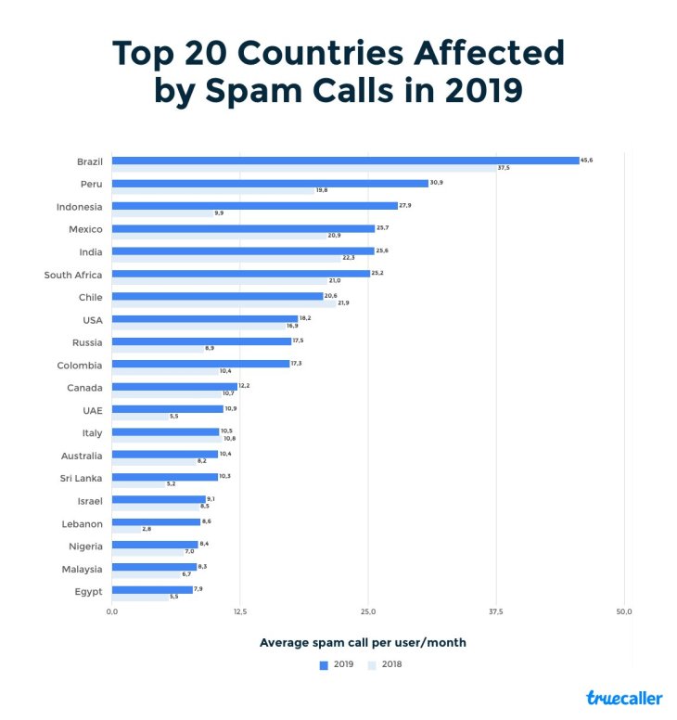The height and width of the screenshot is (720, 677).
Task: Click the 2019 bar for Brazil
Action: coord(345,161)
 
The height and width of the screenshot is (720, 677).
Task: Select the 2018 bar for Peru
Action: coord(212,190)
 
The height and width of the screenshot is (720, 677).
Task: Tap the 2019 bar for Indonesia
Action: coord(254,206)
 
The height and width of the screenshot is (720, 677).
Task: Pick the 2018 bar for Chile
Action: coord(224,303)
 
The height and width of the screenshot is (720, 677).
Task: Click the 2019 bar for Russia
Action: coord(201,341)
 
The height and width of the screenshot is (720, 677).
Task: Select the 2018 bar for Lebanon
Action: coord(126,529)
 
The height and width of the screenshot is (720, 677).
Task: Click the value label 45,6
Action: coord(586,161)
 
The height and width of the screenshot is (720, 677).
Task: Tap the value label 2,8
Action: coord(147,529)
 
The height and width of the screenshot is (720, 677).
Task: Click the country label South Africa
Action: coord(73,275)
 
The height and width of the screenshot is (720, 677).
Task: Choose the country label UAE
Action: coord(93,409)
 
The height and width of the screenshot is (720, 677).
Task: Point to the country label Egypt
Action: coord(89,590)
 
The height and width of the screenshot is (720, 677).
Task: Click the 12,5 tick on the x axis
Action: coord(240,612)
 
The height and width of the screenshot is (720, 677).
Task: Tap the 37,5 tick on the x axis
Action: coord(496,612)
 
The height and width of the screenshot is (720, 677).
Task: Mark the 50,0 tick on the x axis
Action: coord(624,612)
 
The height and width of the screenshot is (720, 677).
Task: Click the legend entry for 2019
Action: coord(338,664)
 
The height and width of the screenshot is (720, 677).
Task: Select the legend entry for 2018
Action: coord(385,664)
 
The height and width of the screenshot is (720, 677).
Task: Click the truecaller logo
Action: coord(624,698)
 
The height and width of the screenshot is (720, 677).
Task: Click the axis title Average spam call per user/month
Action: coord(363,642)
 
